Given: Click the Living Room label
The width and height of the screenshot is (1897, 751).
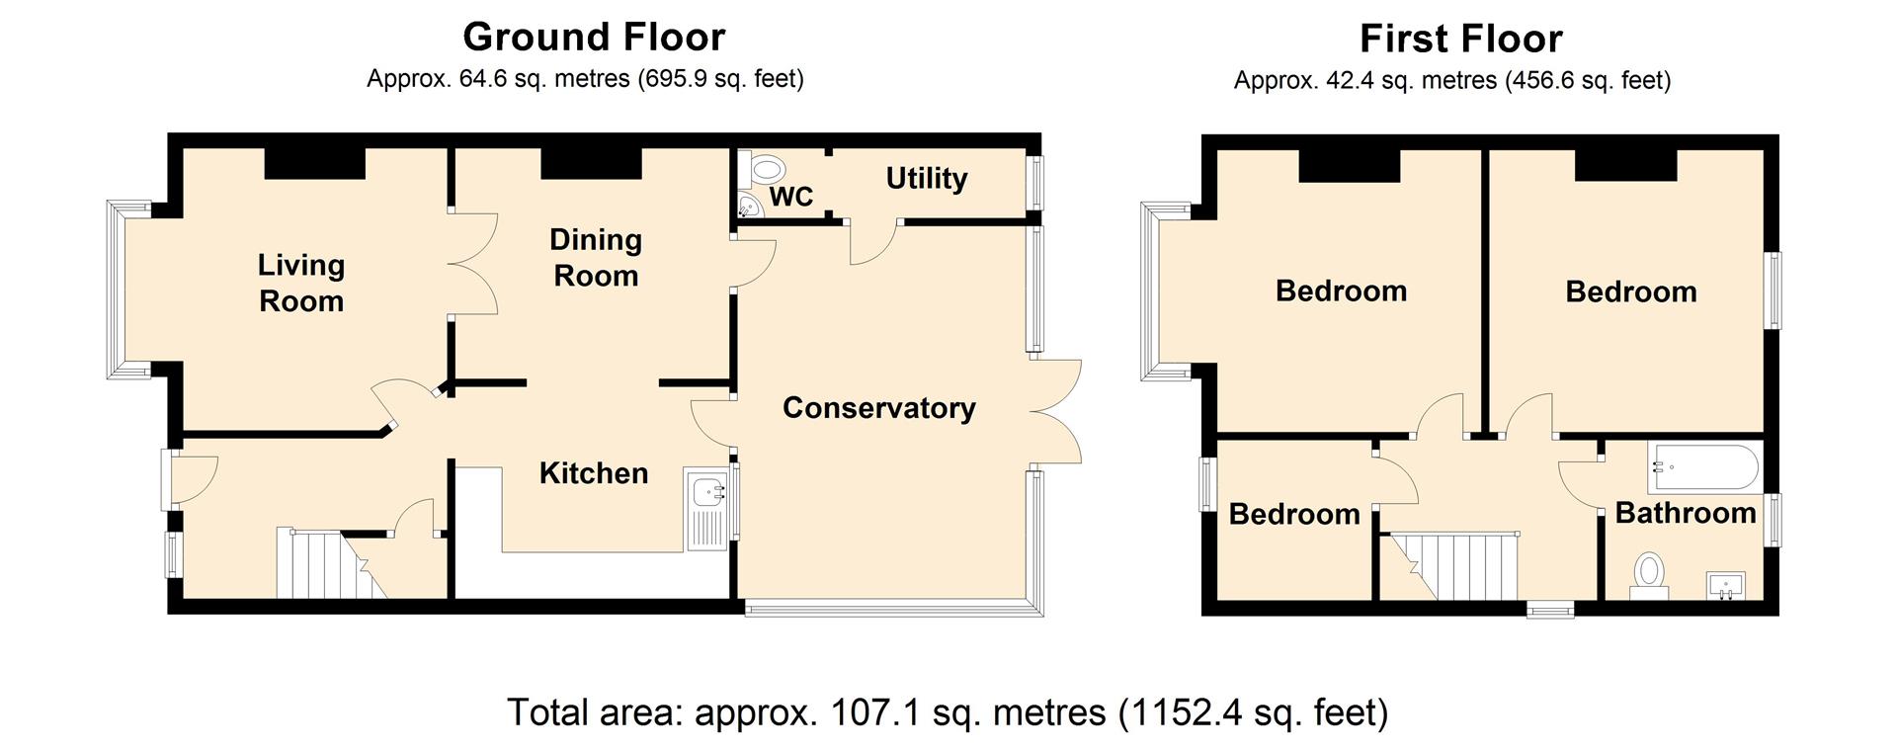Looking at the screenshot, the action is [301, 283].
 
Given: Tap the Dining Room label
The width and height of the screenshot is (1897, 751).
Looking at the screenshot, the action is [596, 257].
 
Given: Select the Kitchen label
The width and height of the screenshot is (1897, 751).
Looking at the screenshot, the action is [594, 473].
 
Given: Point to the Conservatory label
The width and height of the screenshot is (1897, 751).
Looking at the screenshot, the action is [879, 408].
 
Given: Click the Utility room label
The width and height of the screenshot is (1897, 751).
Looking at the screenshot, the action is [927, 179].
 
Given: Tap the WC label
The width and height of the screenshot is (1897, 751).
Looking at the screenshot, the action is [791, 197].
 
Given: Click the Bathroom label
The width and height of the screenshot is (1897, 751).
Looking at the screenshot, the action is [1686, 513].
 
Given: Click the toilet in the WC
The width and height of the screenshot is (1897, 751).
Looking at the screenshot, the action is [765, 168].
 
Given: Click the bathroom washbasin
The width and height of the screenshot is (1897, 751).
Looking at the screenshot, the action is [1726, 586].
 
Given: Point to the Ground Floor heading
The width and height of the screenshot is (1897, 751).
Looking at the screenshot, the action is [594, 38].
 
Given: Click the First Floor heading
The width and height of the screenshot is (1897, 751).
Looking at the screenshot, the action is [1461, 40].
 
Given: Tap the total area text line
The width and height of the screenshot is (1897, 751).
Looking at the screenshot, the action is [948, 712].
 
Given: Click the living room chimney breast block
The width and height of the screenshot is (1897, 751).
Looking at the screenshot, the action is [315, 164].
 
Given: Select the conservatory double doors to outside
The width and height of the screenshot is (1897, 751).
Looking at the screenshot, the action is [1056, 410].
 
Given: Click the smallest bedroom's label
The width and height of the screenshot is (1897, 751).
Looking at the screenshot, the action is [1294, 514].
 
